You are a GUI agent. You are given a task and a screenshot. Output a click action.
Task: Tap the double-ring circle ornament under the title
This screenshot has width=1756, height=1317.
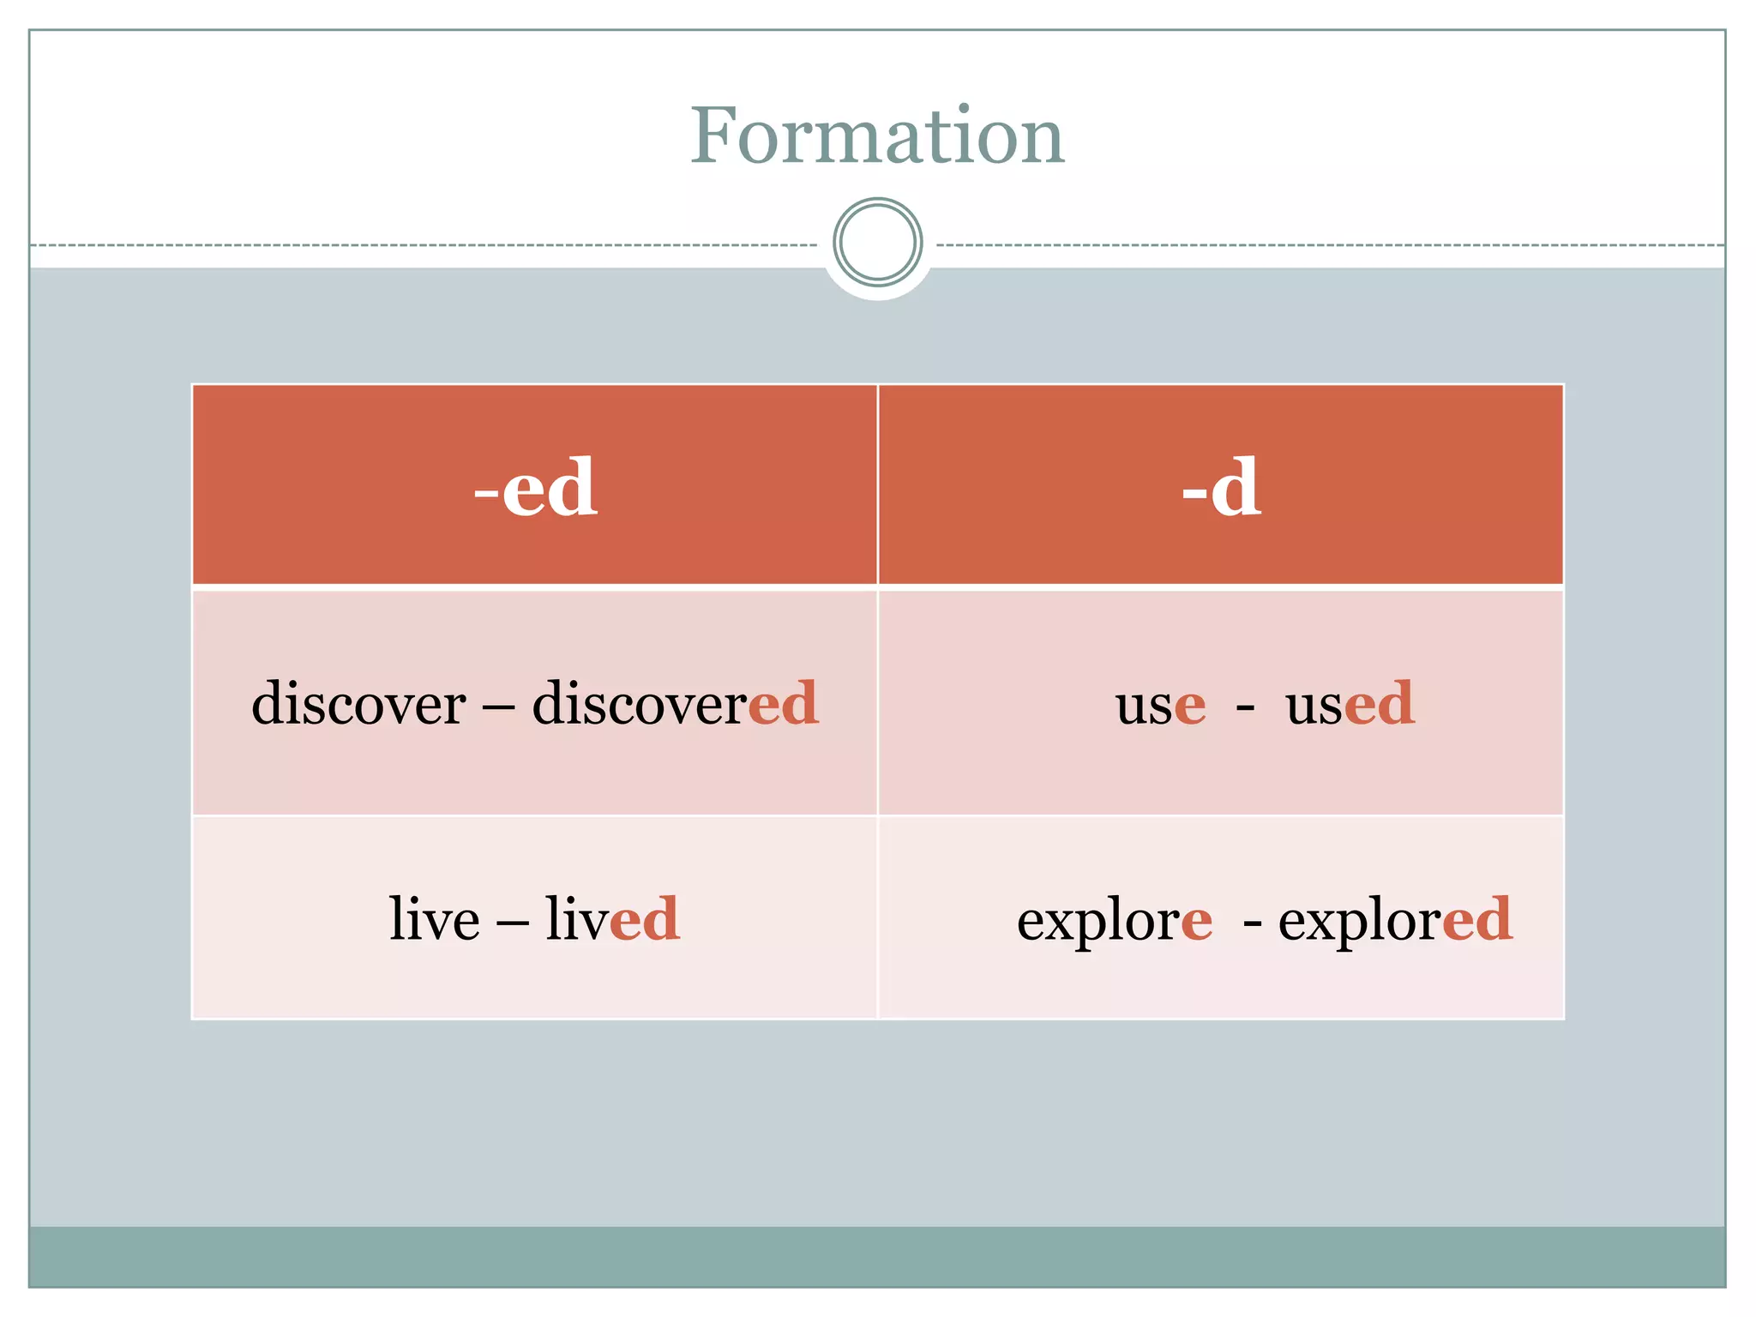[x=877, y=242]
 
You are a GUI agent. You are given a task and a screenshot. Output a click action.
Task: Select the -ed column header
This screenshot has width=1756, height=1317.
[x=535, y=487]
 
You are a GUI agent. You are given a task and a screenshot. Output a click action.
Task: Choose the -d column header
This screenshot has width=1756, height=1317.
[x=1221, y=487]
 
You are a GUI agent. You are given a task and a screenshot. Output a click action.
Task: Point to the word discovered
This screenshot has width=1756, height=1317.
[x=675, y=704]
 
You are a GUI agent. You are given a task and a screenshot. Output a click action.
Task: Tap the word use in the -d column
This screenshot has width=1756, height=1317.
[x=1160, y=706]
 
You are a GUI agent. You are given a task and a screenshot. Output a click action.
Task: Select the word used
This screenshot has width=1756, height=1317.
[x=1350, y=704]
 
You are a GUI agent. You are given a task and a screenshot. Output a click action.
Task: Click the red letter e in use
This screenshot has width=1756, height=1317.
[x=1190, y=707]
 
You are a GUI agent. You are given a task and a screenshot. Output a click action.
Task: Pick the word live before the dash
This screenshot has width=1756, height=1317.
[x=434, y=919]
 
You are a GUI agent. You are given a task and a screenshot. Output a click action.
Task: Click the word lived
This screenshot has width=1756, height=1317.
[x=612, y=919]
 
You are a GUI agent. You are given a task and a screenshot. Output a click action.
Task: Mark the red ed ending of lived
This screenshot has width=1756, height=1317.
[x=645, y=919]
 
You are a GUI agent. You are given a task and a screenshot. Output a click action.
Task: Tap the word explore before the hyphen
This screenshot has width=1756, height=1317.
[x=1115, y=923]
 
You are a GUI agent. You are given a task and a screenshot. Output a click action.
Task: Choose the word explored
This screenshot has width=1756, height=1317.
[x=1395, y=923]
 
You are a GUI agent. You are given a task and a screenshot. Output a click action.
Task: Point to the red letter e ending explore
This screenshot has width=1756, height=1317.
[x=1197, y=923]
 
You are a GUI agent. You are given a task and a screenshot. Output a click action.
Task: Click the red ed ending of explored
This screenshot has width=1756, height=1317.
[x=1477, y=920]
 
